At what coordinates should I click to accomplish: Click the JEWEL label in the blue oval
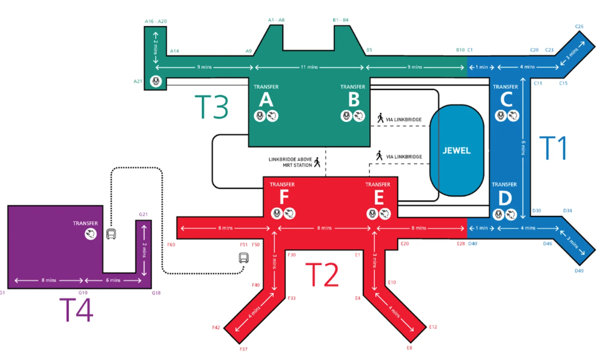pyautogui.click(x=456, y=151)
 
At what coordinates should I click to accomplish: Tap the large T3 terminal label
pyautogui.click(x=211, y=106)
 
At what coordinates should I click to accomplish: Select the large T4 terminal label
pyautogui.click(x=76, y=310)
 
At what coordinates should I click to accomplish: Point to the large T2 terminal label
pyautogui.click(x=322, y=275)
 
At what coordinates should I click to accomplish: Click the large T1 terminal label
pyautogui.click(x=553, y=148)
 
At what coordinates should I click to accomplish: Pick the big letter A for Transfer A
pyautogui.click(x=266, y=100)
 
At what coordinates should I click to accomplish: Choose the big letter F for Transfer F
pyautogui.click(x=284, y=197)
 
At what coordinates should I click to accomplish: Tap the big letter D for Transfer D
pyautogui.click(x=505, y=198)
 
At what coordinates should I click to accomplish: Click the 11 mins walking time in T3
pyautogui.click(x=309, y=67)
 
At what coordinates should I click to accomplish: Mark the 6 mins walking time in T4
pyautogui.click(x=113, y=280)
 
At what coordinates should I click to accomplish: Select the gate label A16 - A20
pyautogui.click(x=156, y=21)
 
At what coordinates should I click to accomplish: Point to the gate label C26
pyautogui.click(x=579, y=27)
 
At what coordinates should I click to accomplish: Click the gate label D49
pyautogui.click(x=579, y=271)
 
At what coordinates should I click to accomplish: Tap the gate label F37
pyautogui.click(x=243, y=349)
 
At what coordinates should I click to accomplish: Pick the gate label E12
pyautogui.click(x=433, y=327)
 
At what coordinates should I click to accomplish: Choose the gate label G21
pyautogui.click(x=143, y=215)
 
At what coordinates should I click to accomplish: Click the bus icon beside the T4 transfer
pyautogui.click(x=111, y=234)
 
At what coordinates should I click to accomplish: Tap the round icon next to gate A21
pyautogui.click(x=156, y=81)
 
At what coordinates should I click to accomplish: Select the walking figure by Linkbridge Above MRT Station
pyautogui.click(x=317, y=162)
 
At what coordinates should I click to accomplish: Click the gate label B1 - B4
pyautogui.click(x=341, y=20)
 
